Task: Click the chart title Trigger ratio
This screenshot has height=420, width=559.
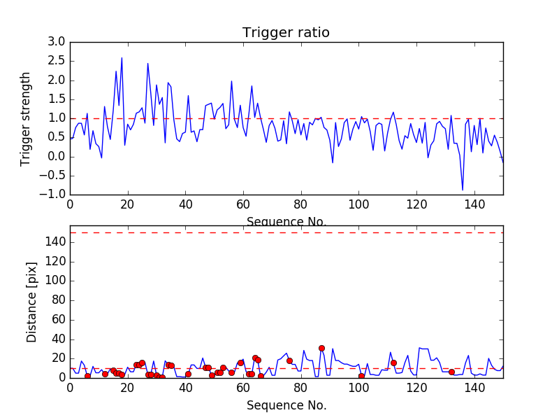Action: click(x=286, y=33)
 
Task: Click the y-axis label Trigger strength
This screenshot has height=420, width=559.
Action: click(x=26, y=118)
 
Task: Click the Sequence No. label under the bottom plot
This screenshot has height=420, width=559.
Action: click(x=286, y=405)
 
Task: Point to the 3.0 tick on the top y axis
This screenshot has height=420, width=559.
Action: click(x=56, y=42)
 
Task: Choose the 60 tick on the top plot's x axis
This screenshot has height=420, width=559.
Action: click(x=243, y=204)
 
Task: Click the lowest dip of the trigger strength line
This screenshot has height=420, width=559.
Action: click(x=463, y=190)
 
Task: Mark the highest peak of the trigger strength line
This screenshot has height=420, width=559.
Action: click(x=122, y=58)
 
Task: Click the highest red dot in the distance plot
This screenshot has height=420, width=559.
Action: click(x=321, y=348)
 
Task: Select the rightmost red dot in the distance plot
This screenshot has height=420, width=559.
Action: click(x=451, y=372)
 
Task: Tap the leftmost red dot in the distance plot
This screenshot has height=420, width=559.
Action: click(x=87, y=376)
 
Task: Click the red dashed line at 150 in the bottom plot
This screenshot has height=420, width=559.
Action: click(x=286, y=232)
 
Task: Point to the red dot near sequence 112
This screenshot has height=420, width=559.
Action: click(x=393, y=363)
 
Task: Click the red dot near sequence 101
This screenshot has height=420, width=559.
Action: click(x=361, y=376)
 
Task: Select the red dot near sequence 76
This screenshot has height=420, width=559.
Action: click(x=289, y=360)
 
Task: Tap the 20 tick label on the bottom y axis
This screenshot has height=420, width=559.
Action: click(x=58, y=358)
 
